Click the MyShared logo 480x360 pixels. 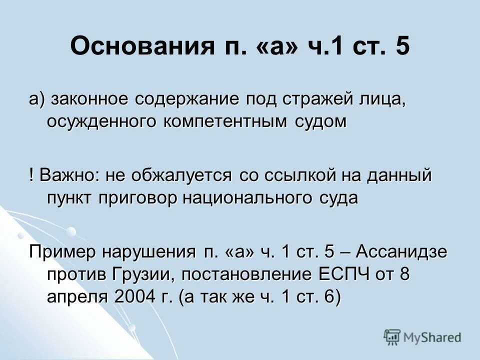pyautogui.click(x=422, y=337)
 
